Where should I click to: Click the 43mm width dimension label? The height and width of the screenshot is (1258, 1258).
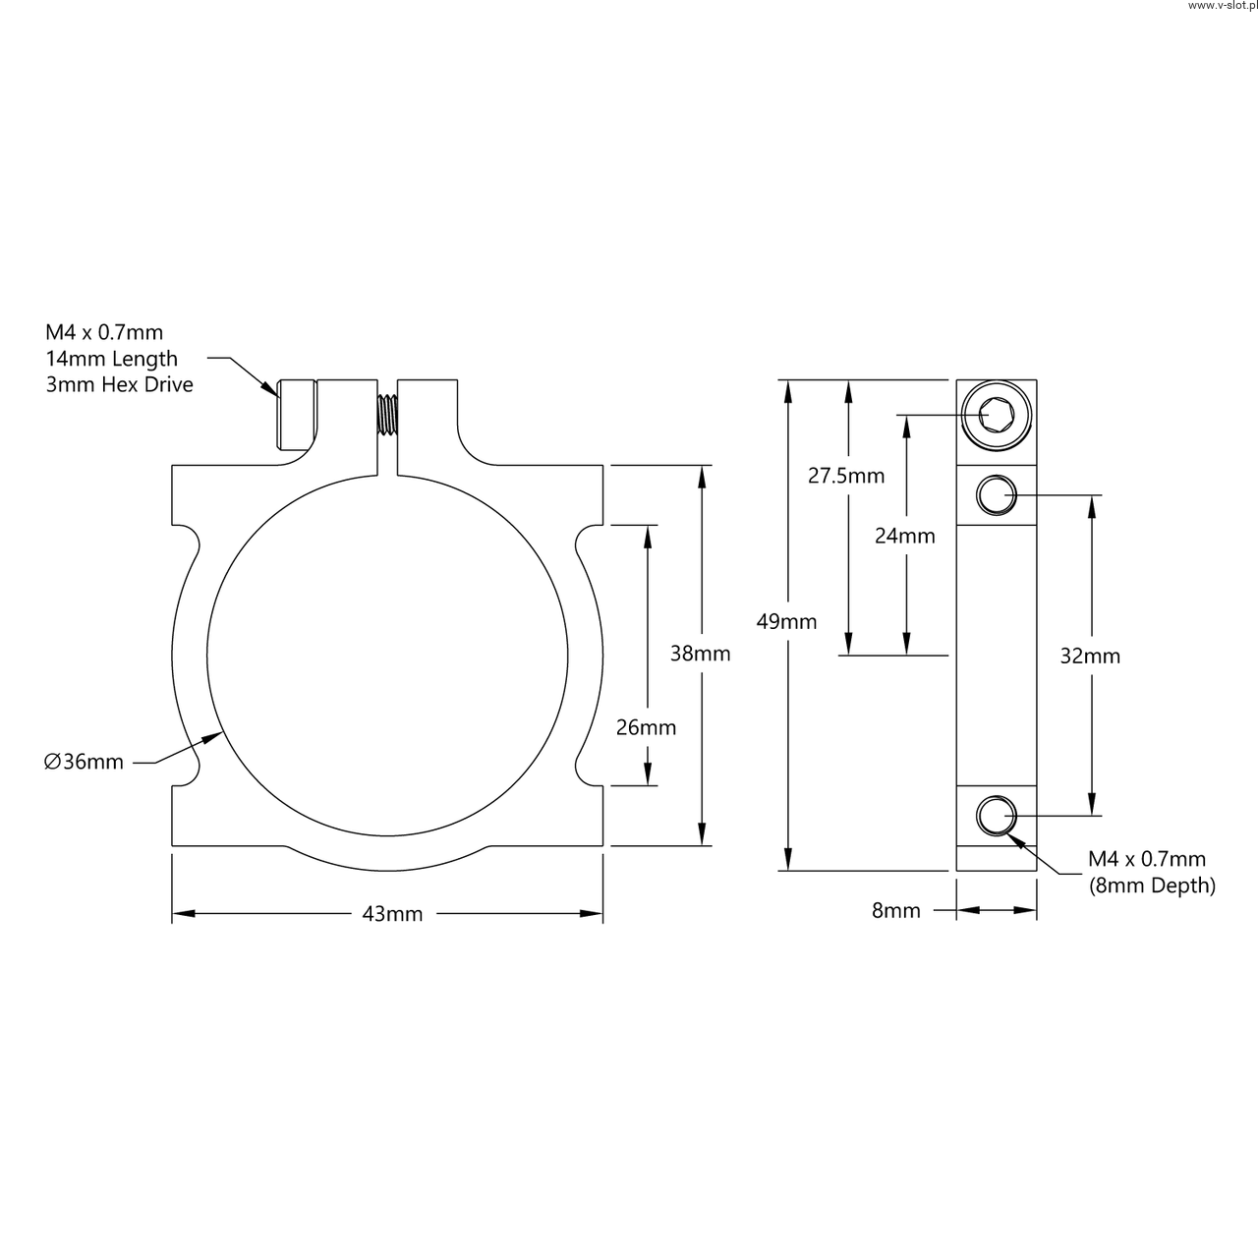click(x=392, y=914)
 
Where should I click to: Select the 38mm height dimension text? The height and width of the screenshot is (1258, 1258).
click(x=700, y=653)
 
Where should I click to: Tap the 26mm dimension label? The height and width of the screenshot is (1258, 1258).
click(x=646, y=727)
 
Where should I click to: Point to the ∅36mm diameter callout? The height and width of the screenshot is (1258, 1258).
click(x=85, y=762)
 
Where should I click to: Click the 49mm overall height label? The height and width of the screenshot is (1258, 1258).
click(x=786, y=621)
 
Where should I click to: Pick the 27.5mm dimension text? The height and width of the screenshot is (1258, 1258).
click(x=846, y=477)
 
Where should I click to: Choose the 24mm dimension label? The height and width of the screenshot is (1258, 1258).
click(x=905, y=536)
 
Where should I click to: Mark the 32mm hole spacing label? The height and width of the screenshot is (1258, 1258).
click(x=1090, y=656)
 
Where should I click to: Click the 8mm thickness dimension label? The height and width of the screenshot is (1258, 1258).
click(x=896, y=911)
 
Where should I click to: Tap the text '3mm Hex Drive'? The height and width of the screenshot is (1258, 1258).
click(x=120, y=384)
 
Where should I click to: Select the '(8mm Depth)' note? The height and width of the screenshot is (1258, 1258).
click(x=1152, y=886)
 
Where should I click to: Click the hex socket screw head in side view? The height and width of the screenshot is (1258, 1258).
click(x=997, y=414)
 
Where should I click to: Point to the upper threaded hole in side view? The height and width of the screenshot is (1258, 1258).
click(x=997, y=494)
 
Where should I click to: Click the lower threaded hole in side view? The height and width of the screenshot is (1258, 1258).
click(x=997, y=815)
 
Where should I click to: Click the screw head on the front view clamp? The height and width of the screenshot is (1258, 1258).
click(x=297, y=414)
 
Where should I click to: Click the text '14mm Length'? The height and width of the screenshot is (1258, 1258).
click(x=112, y=359)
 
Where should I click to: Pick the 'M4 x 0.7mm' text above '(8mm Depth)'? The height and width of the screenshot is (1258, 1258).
click(x=1146, y=860)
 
